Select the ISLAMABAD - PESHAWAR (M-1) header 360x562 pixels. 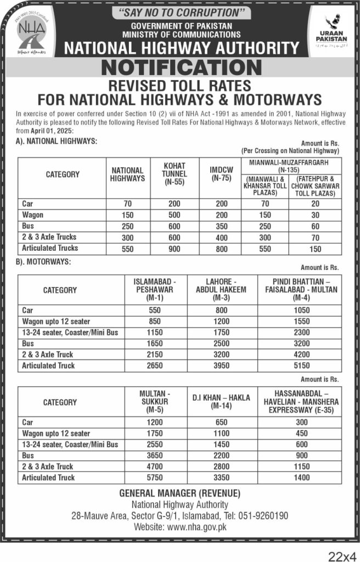point(154,290)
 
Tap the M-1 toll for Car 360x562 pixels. point(154,310)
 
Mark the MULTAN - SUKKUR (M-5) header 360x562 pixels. point(154,402)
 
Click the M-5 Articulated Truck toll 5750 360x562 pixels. point(154,477)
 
